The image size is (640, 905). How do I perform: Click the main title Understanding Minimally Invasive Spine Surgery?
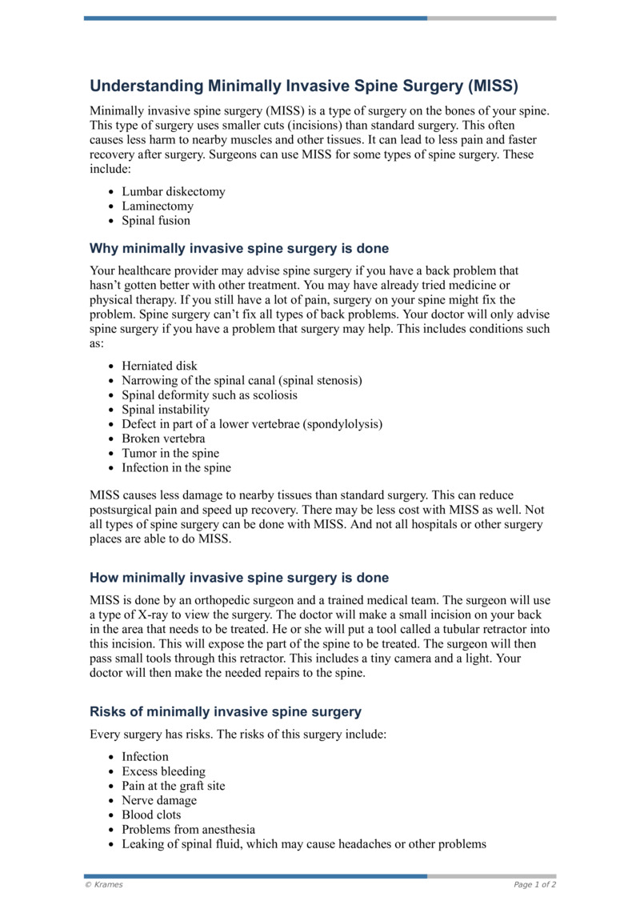304,86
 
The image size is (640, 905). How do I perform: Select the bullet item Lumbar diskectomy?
174,192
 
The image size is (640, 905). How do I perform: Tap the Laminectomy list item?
158,206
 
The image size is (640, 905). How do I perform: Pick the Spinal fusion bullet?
156,221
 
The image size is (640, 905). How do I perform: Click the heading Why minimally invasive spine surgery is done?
239,249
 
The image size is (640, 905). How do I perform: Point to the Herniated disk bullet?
159,366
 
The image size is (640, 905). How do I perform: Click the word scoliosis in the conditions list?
271,395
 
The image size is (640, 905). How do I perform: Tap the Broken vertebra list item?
163,438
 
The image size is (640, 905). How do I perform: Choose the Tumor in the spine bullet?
170,453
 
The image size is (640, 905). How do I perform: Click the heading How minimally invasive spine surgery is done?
239,578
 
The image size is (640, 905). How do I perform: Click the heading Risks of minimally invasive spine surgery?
226,712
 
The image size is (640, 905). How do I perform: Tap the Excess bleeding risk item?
163,771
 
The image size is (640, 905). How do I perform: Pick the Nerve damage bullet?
159,800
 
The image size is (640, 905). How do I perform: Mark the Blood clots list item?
151,815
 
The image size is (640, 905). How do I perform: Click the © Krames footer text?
104,884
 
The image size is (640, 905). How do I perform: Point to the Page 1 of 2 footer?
534,884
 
